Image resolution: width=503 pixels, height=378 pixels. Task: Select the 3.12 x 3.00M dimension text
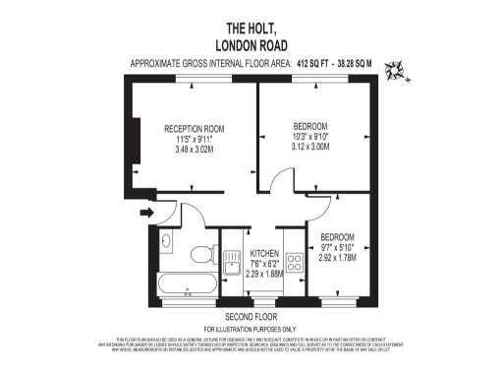point(314,149)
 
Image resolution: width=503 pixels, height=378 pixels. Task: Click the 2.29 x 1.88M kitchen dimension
point(263,274)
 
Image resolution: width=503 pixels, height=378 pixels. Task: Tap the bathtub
point(188,284)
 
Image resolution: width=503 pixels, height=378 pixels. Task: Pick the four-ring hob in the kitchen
point(293,263)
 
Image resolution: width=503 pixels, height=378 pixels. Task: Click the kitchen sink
point(233,265)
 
